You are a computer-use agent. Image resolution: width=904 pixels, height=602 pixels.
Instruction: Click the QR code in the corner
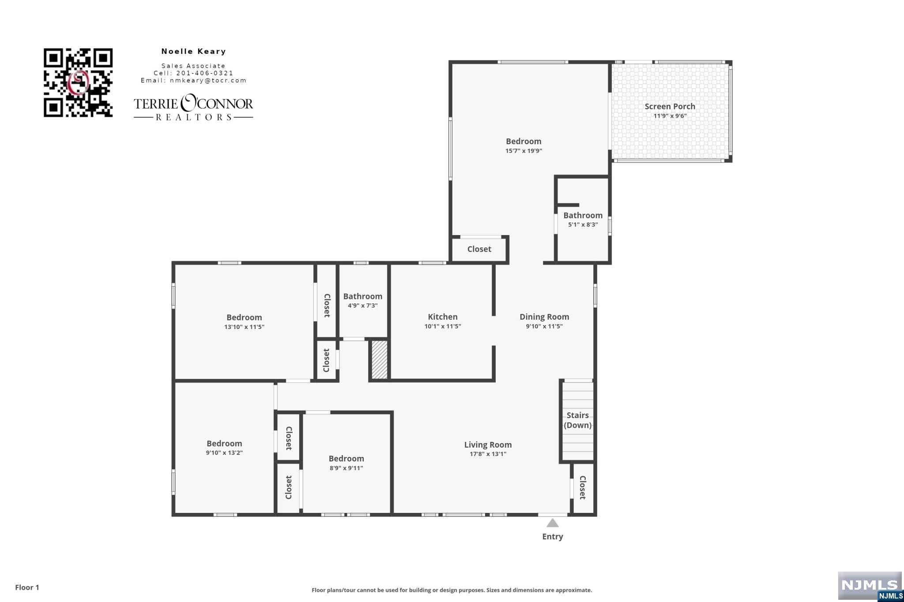pyautogui.click(x=78, y=82)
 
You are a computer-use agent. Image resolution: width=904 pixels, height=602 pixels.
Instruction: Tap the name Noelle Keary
pyautogui.click(x=193, y=52)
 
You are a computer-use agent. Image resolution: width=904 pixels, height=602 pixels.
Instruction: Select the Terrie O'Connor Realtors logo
pyautogui.click(x=193, y=107)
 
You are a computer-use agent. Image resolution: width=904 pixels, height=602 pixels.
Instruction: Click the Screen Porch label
pyautogui.click(x=670, y=106)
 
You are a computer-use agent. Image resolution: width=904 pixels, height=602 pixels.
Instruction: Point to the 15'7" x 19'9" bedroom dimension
pyautogui.click(x=524, y=151)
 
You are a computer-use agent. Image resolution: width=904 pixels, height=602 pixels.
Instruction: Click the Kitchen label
pyautogui.click(x=442, y=317)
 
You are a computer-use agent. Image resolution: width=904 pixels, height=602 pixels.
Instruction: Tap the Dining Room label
pyautogui.click(x=544, y=317)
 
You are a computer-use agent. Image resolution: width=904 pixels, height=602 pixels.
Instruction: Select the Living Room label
pyautogui.click(x=488, y=445)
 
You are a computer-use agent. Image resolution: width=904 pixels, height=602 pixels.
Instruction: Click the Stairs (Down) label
pyautogui.click(x=577, y=420)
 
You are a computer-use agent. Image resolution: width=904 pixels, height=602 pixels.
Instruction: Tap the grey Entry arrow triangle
pyautogui.click(x=553, y=523)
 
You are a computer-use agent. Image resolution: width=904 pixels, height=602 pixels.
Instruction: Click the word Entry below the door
pyautogui.click(x=553, y=537)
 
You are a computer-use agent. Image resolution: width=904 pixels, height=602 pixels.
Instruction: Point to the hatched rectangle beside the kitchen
pyautogui.click(x=379, y=359)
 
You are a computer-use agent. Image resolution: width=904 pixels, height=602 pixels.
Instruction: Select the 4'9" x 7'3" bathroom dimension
pyautogui.click(x=362, y=306)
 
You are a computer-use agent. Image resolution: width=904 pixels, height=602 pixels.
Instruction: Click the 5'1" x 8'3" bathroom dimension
pyautogui.click(x=583, y=224)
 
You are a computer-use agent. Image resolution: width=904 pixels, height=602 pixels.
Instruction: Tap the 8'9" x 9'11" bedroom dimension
pyautogui.click(x=346, y=468)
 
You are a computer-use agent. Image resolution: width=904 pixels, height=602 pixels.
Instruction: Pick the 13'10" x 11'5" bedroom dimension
pyautogui.click(x=244, y=327)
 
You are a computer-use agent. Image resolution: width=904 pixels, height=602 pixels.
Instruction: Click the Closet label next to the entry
pyautogui.click(x=583, y=487)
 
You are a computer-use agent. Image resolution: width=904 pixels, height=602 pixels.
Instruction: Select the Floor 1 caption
pyautogui.click(x=27, y=587)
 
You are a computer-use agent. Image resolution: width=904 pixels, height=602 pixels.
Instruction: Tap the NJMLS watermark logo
pyautogui.click(x=870, y=586)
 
